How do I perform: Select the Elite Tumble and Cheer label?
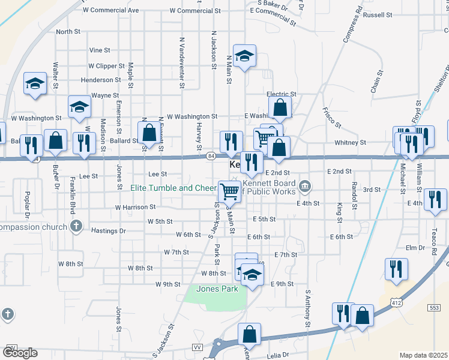(x=173, y=188)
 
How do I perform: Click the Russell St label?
(x=378, y=14)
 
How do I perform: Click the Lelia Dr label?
(x=277, y=355)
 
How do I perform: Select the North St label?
(x=68, y=32)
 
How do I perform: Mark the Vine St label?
(x=99, y=50)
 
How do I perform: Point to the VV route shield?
(x=196, y=347)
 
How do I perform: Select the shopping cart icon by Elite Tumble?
(x=229, y=191)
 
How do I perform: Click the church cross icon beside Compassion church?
(x=76, y=226)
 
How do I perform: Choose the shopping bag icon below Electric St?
(x=280, y=108)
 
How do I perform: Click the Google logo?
(x=20, y=353)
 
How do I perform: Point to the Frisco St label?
(x=331, y=118)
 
